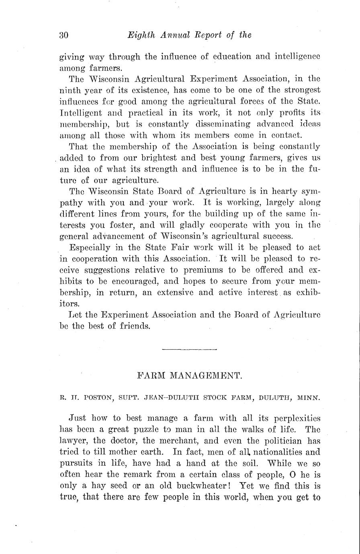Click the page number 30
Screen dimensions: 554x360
click(x=64, y=35)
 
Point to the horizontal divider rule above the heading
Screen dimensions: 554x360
click(x=190, y=350)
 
